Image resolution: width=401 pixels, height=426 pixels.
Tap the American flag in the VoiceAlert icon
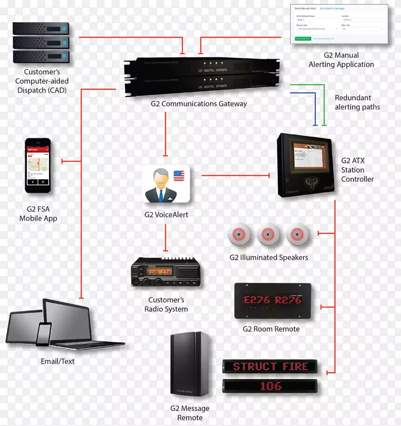[178, 175]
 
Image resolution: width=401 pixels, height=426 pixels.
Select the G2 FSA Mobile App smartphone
[38, 166]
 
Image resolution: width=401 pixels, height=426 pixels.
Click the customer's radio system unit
[165, 273]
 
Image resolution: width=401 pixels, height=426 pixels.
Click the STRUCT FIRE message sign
[270, 366]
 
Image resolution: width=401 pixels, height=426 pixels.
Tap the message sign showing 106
[270, 386]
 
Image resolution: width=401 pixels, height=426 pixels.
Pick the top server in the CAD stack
[41, 28]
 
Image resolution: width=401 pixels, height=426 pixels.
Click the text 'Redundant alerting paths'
[357, 102]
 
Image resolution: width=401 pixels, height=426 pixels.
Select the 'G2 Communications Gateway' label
[198, 104]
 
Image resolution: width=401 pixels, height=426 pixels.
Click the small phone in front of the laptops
[44, 333]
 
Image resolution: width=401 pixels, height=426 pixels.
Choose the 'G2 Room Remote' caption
[271, 329]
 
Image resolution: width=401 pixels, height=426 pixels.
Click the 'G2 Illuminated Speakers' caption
[269, 257]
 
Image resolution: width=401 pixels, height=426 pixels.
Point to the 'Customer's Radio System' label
[166, 305]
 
